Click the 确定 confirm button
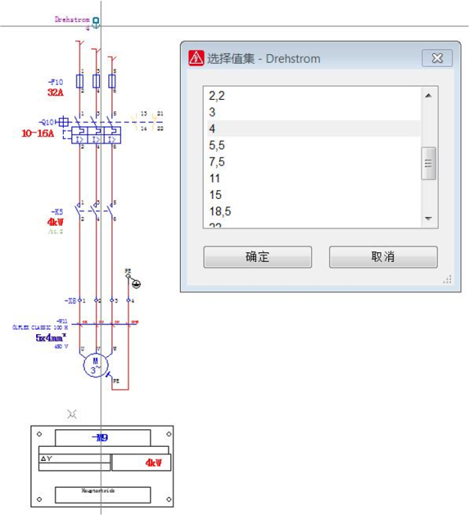click(257, 257)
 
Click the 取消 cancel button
click(383, 257)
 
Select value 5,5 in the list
click(217, 146)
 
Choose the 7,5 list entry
click(217, 162)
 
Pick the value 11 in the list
click(215, 179)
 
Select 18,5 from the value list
click(220, 212)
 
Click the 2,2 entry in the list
click(217, 96)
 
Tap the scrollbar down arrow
click(428, 218)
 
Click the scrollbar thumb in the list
click(428, 163)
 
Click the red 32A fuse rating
click(56, 92)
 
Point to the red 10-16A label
click(38, 133)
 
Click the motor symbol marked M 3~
click(95, 365)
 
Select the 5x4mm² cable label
click(51, 338)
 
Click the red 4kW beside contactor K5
click(56, 222)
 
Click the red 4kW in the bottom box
click(153, 462)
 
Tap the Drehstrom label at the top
click(72, 20)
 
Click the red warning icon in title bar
click(196, 58)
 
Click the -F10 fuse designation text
click(56, 81)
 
